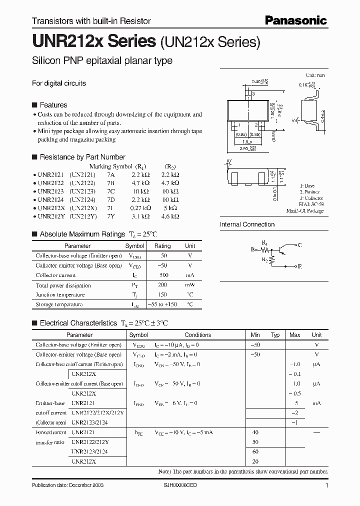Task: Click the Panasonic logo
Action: tap(295, 20)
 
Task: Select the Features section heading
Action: tap(53, 105)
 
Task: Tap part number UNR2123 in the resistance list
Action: tap(50, 191)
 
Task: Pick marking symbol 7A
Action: tap(110, 175)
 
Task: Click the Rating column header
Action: tap(162, 246)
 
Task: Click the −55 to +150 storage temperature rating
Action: tap(162, 304)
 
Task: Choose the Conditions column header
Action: tap(197, 335)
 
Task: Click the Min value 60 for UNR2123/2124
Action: tap(256, 451)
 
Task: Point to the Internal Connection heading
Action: tap(247, 224)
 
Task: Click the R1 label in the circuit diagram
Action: tap(265, 241)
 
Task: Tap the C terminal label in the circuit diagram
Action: tap(299, 245)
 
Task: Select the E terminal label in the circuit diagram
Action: tap(299, 267)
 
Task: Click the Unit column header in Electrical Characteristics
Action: tap(316, 335)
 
